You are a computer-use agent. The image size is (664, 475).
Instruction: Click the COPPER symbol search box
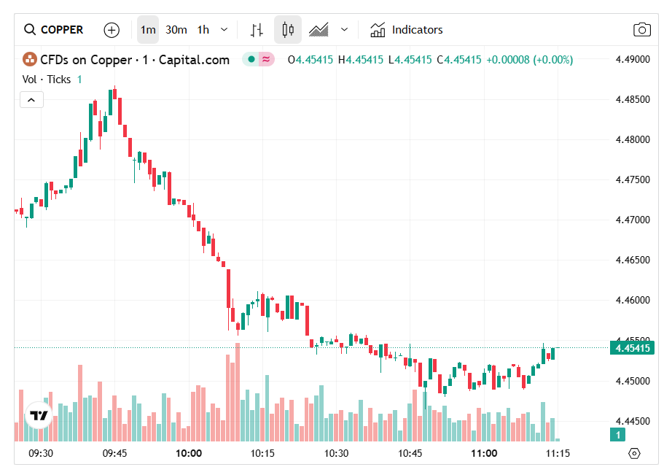55,30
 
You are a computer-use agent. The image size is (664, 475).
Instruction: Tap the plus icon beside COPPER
112,30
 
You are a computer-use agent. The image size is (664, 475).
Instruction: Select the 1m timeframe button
148,30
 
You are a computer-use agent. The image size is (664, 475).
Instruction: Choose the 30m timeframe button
176,30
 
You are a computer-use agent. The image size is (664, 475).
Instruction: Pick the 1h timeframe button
203,30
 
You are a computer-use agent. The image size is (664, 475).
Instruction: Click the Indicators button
406,30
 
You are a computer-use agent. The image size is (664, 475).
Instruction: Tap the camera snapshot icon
641,30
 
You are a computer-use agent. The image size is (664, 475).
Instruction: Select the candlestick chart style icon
288,30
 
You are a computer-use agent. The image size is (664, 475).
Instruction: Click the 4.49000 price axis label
632,59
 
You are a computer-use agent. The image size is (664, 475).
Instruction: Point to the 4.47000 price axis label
632,220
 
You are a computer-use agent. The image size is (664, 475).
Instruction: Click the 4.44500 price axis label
632,421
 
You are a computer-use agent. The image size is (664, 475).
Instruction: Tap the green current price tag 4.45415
632,348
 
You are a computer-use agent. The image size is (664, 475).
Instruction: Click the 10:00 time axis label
189,453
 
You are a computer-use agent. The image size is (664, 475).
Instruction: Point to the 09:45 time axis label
114,453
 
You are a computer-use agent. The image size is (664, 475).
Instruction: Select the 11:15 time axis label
558,453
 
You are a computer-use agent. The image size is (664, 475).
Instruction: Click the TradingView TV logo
39,415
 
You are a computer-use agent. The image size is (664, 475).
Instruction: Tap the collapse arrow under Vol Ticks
31,99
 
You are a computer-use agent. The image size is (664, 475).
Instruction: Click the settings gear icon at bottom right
633,453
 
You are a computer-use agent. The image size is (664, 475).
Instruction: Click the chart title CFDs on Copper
135,60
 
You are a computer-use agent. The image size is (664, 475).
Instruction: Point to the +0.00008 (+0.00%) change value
530,60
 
